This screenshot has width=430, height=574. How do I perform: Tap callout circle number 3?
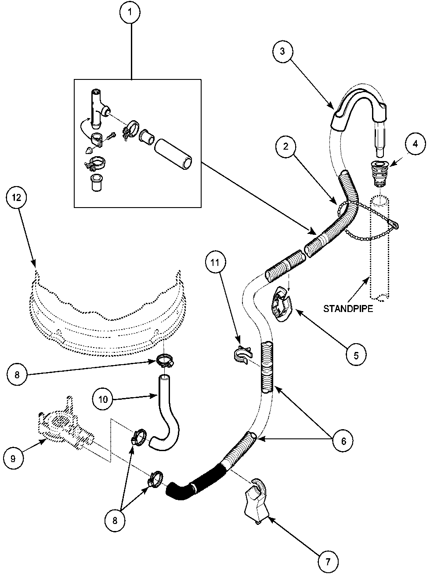(x=282, y=51)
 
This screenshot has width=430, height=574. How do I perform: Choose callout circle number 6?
(x=343, y=441)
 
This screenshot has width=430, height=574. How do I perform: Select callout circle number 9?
(x=13, y=459)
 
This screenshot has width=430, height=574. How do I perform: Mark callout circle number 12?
(x=16, y=198)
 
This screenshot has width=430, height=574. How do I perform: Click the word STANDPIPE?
(x=348, y=309)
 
